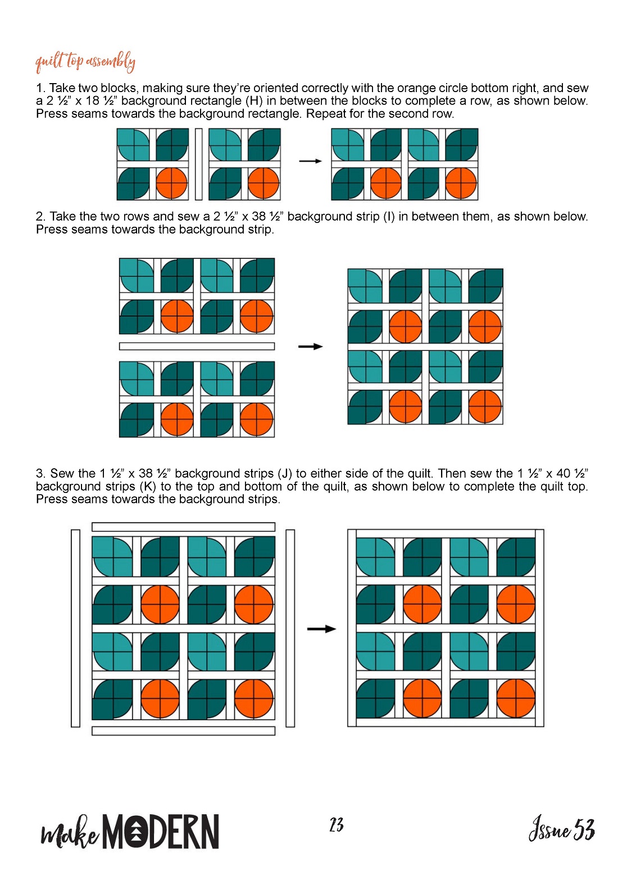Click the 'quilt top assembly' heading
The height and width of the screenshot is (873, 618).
(x=85, y=62)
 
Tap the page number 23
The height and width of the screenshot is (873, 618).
(x=336, y=825)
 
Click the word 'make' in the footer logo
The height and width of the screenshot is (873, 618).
(x=70, y=834)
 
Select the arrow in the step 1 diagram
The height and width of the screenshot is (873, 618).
(x=310, y=161)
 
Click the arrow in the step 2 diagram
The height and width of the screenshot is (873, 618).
(x=310, y=346)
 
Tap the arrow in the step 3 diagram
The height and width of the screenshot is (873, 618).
(x=322, y=629)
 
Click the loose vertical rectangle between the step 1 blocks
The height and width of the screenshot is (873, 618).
(x=198, y=164)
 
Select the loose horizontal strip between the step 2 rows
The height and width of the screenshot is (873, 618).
(x=197, y=346)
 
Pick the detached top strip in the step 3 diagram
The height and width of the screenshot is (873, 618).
(x=183, y=527)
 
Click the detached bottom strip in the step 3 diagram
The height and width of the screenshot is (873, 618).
(x=183, y=731)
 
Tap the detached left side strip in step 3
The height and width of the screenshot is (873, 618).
(x=76, y=628)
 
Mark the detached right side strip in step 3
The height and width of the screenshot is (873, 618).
(x=290, y=628)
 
